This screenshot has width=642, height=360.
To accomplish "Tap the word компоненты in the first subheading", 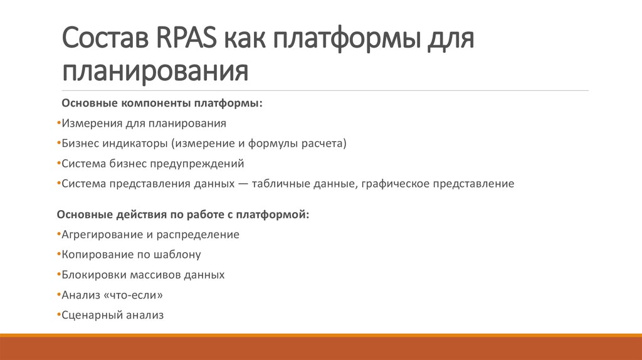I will [155, 103].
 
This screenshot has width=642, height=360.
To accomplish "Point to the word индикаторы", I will [134, 144].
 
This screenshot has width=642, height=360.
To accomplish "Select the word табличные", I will [296, 184].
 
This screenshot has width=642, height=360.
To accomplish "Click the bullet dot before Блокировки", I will [58, 275].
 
